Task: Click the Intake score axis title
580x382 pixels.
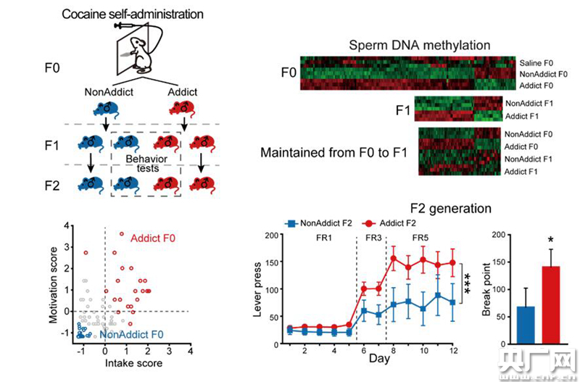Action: [x=133, y=362]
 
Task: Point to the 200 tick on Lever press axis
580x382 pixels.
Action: [x=272, y=236]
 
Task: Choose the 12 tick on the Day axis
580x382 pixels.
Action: [x=452, y=351]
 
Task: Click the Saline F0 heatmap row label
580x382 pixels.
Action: [x=539, y=63]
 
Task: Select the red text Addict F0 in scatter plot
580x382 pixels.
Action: [x=154, y=237]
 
